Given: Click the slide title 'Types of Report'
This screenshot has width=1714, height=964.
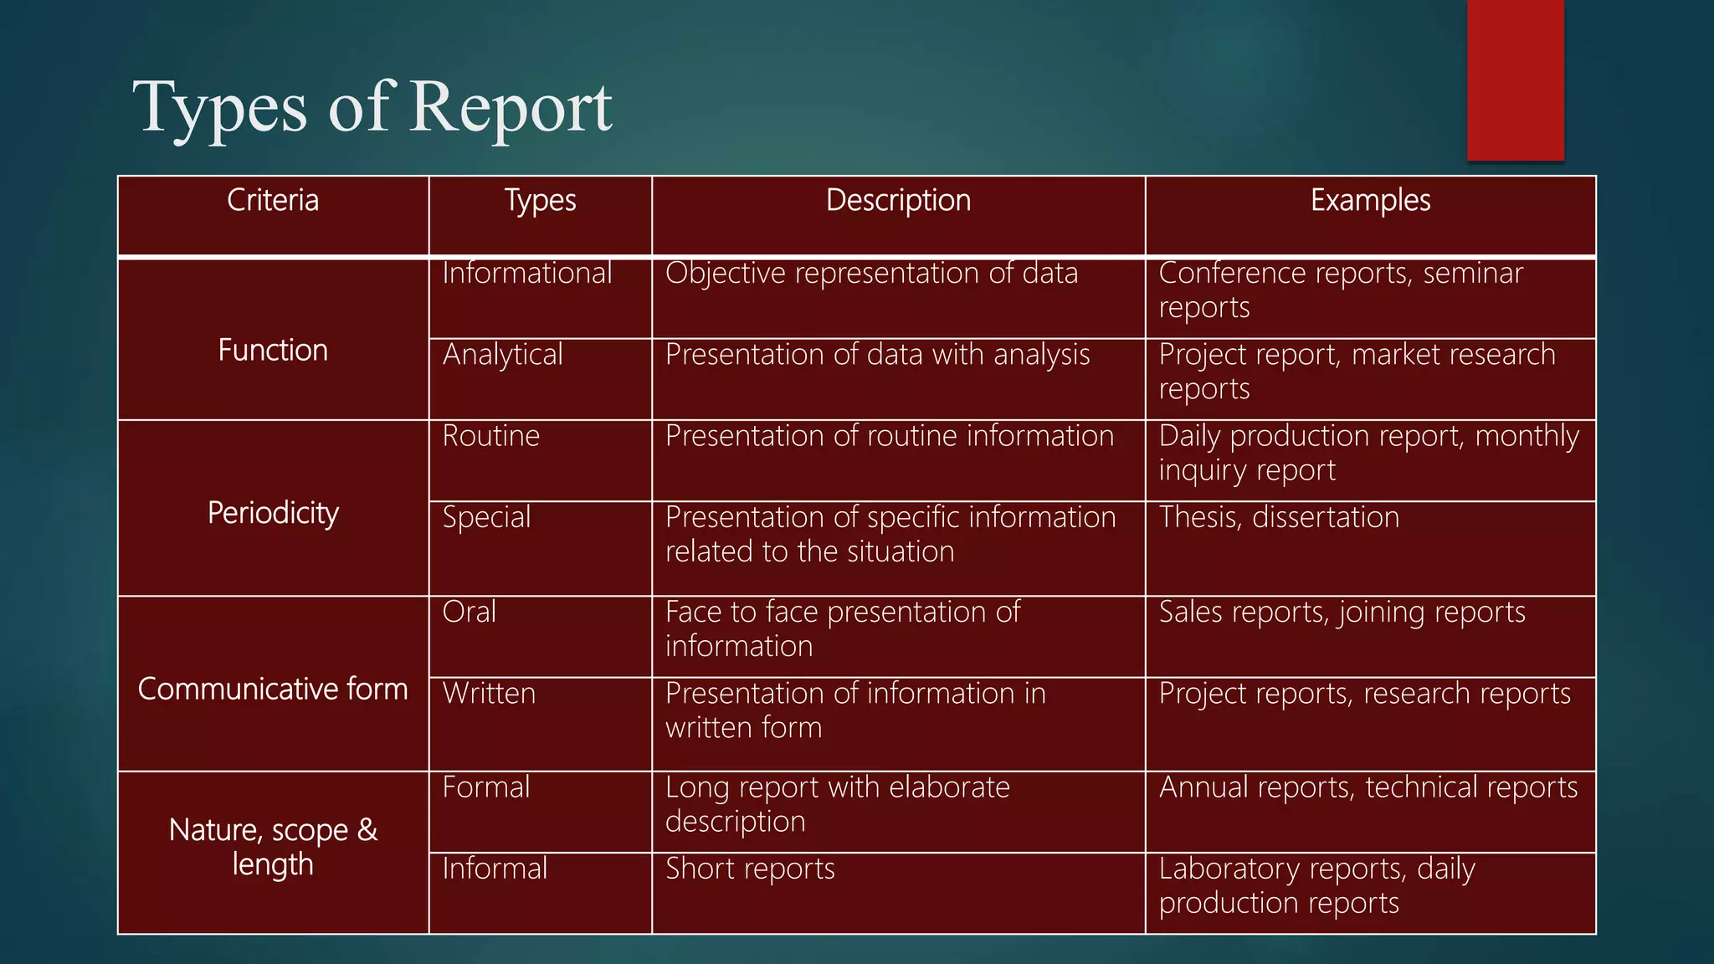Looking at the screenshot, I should [x=372, y=107].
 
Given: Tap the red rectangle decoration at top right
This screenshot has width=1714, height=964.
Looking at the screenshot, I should [x=1515, y=79].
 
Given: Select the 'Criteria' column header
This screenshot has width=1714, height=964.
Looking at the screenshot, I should [x=273, y=201].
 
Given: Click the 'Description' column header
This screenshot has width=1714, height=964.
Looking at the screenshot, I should [x=898, y=201].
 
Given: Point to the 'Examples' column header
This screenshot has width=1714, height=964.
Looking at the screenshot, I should [x=1370, y=201].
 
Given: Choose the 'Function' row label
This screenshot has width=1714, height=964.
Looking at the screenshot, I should [x=273, y=350].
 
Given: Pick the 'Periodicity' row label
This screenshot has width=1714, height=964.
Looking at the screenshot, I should [x=273, y=512].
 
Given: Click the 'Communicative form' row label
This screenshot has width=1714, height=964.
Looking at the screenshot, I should [x=273, y=689].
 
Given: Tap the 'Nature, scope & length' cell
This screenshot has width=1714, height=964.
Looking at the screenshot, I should [x=273, y=847].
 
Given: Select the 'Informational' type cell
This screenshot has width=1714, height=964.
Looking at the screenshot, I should [x=527, y=274].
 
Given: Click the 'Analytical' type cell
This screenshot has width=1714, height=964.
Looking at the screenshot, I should [x=502, y=355].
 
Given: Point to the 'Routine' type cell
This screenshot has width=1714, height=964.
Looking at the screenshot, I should [x=491, y=436].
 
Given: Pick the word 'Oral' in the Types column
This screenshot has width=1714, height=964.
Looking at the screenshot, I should [x=470, y=612].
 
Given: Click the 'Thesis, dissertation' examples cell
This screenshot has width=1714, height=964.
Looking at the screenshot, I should [x=1279, y=517].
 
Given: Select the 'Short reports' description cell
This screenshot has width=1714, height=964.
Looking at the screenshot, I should [x=750, y=869].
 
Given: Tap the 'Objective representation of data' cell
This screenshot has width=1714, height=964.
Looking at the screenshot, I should [x=871, y=274].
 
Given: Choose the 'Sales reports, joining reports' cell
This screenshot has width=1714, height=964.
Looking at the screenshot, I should [x=1342, y=612].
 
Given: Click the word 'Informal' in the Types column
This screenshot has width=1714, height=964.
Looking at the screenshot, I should [x=495, y=869].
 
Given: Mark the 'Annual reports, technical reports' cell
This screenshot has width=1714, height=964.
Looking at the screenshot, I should [x=1368, y=787].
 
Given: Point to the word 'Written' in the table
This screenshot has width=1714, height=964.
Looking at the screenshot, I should [x=489, y=694].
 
